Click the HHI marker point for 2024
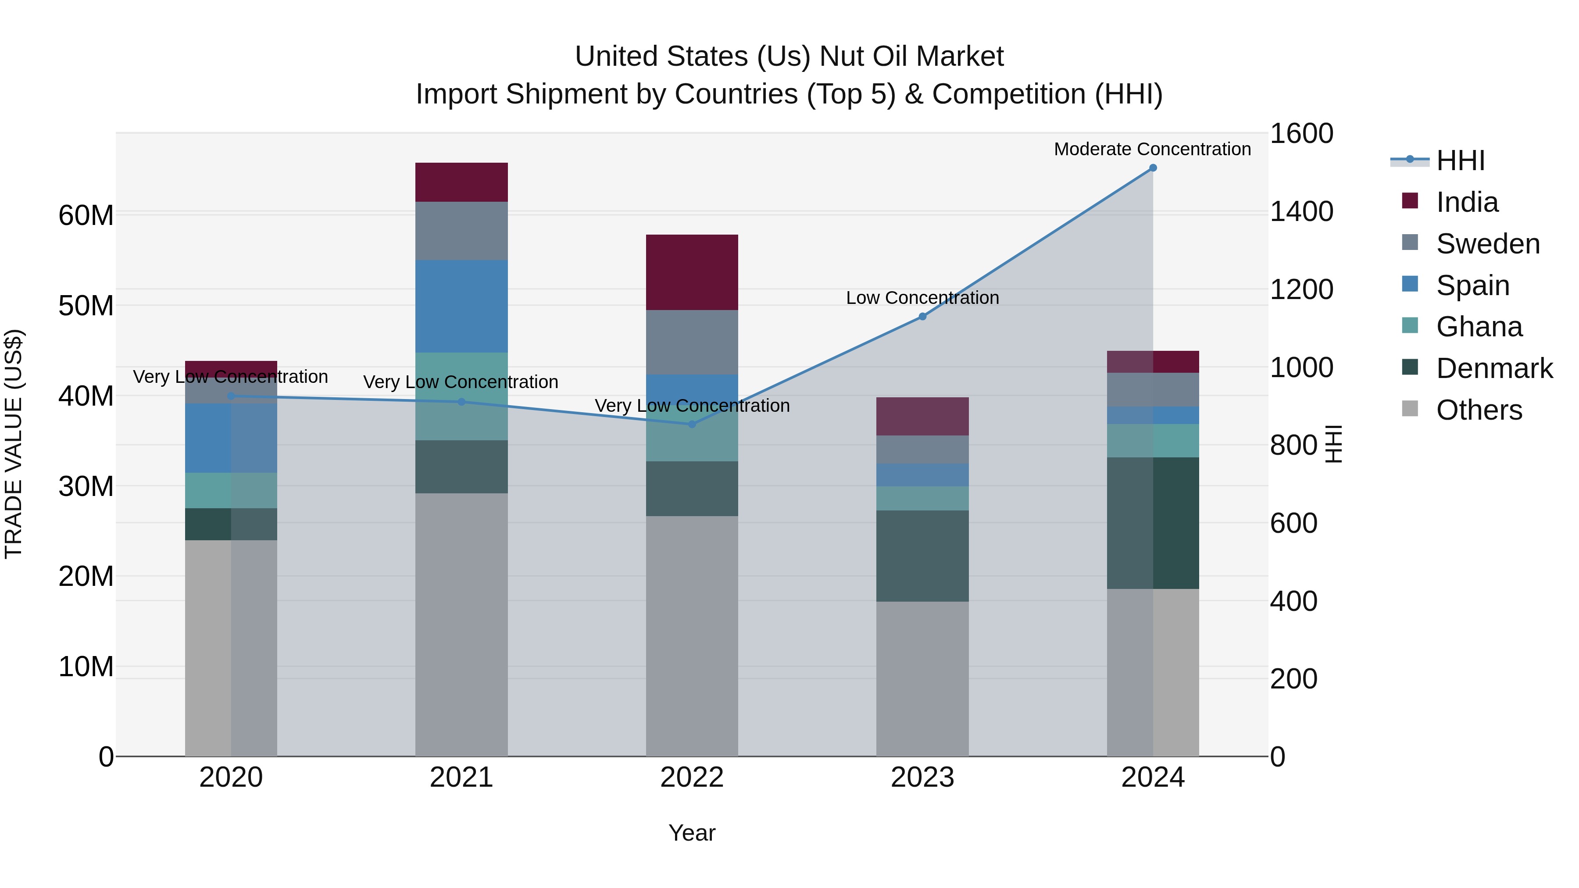click(x=1152, y=168)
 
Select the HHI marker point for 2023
click(x=922, y=316)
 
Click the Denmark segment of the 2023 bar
click(x=922, y=556)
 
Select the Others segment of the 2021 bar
click(x=461, y=624)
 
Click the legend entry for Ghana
click(x=1479, y=327)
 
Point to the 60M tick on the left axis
click(x=86, y=216)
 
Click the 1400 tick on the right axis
click(x=1301, y=211)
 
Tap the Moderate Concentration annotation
click(x=1152, y=149)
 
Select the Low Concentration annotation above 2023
click(x=922, y=298)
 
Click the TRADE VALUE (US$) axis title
click(x=14, y=444)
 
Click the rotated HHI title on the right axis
click(x=1333, y=444)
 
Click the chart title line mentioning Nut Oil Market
click(x=789, y=57)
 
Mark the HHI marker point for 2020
click(x=231, y=396)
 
